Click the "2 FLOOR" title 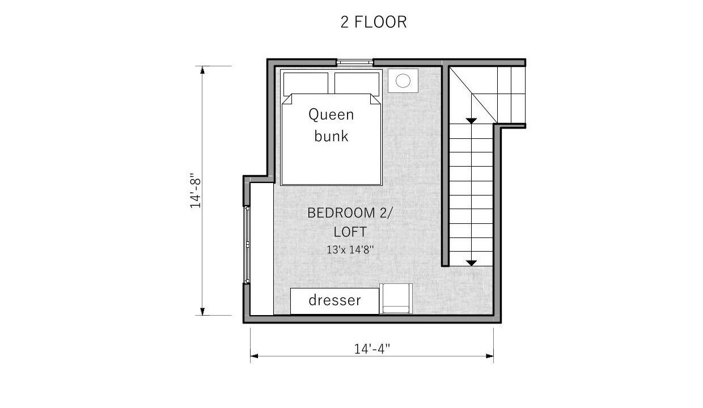(x=374, y=22)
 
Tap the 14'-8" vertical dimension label (x=195, y=190)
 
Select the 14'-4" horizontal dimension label (x=372, y=348)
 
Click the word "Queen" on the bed (x=331, y=114)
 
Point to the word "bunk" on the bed (x=331, y=136)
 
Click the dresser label (x=334, y=300)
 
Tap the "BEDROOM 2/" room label (x=350, y=213)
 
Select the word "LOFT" (x=350, y=232)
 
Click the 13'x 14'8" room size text (x=350, y=250)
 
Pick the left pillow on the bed (x=306, y=84)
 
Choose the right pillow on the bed (x=357, y=84)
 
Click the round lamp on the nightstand (x=403, y=80)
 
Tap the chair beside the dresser (x=396, y=299)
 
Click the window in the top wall (x=355, y=62)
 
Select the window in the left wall (x=247, y=245)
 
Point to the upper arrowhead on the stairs (x=471, y=121)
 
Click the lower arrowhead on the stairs (x=471, y=263)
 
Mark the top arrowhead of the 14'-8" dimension (x=202, y=70)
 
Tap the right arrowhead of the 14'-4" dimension (x=490, y=356)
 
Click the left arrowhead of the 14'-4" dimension (x=254, y=356)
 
